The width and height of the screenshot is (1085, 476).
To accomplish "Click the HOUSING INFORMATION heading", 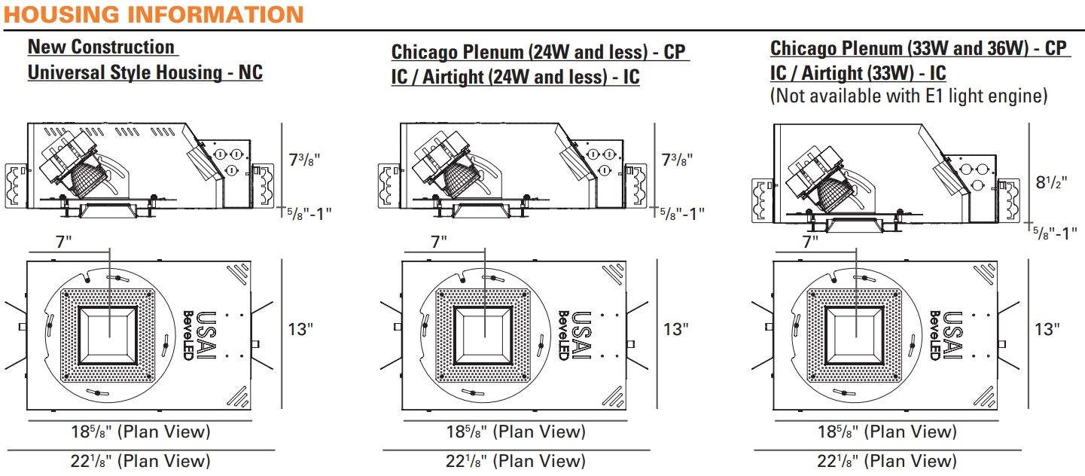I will (x=154, y=14).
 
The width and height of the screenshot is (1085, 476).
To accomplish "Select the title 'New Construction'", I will (x=101, y=47).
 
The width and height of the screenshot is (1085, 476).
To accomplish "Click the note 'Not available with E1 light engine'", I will (x=908, y=96).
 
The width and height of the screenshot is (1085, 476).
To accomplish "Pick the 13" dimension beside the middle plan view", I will (x=676, y=329).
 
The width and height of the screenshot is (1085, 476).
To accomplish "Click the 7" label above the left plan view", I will (x=63, y=242).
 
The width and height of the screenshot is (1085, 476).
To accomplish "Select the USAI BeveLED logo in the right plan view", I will (x=945, y=335).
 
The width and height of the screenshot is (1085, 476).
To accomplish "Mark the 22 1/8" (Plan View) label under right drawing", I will (x=887, y=461).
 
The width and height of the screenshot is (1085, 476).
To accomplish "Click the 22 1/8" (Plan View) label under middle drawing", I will (x=515, y=461).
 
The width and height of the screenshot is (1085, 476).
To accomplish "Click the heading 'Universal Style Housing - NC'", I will (x=145, y=73).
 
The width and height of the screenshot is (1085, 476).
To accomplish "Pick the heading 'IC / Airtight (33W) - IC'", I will (x=858, y=73).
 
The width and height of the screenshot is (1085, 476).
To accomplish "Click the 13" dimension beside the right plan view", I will (x=1047, y=329).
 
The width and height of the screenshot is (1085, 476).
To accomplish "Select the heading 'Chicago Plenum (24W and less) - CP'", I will (x=540, y=52).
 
